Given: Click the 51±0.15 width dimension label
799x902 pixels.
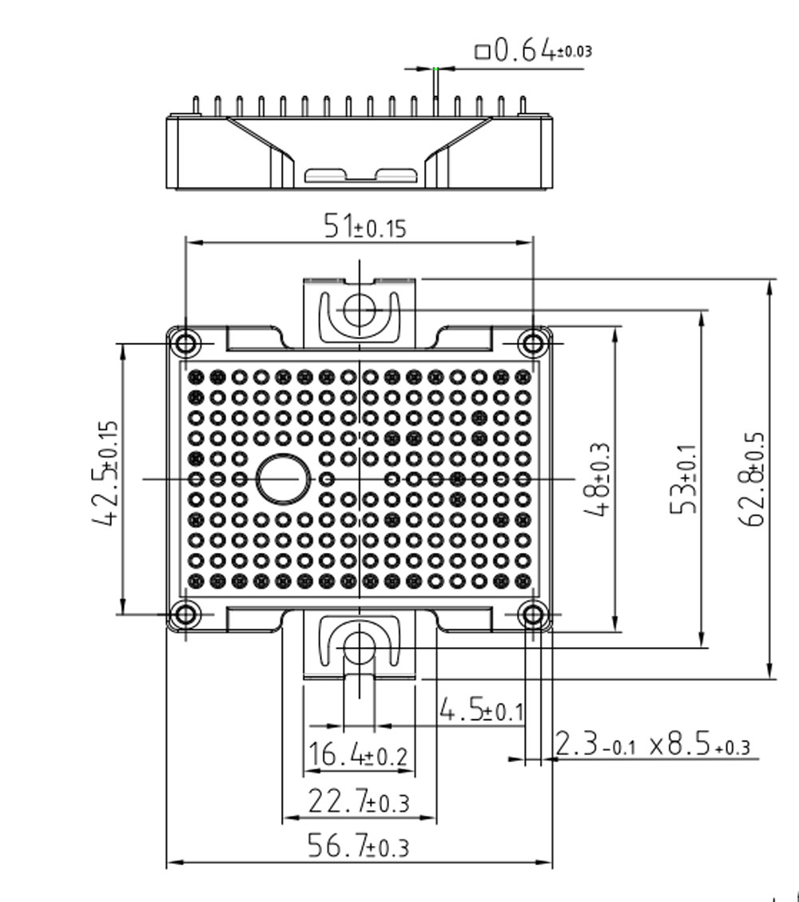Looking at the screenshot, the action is coord(365,225).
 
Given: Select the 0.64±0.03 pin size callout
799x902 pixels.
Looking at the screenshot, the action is coord(533,50).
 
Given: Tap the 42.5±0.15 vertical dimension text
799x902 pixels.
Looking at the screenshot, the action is coord(105,472).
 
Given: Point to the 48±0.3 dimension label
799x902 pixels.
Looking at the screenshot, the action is coord(597,479).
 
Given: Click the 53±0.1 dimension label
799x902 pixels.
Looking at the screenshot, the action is coord(684,479).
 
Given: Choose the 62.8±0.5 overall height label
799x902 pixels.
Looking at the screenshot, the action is coord(752,479).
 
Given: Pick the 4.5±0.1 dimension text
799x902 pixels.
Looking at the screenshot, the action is coord(482,709).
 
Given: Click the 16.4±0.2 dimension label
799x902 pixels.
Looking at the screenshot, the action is coord(358,753).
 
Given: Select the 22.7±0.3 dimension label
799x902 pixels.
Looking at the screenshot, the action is coord(359,801).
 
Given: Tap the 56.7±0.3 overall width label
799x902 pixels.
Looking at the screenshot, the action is coord(359,845).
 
